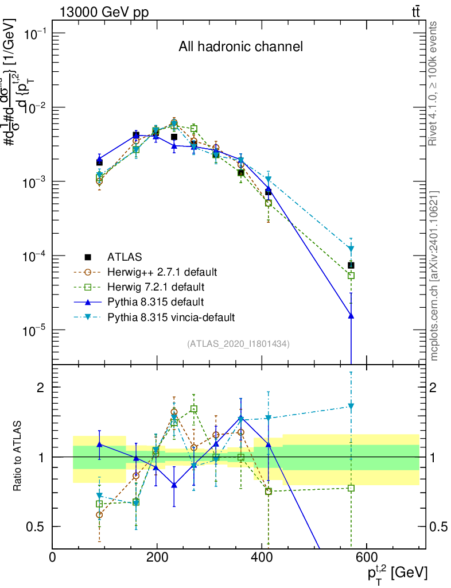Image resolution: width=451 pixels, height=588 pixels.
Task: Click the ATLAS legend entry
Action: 125,256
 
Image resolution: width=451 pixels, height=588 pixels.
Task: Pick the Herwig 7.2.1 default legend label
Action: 155,286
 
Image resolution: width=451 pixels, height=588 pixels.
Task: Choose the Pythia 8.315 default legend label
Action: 155,301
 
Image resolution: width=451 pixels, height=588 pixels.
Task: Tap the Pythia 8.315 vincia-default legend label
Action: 171,316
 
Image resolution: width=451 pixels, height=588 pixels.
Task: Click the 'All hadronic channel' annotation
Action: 240,47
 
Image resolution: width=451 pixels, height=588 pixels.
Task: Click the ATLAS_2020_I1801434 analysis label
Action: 238,344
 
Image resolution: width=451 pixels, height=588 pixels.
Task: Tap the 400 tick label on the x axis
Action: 262,556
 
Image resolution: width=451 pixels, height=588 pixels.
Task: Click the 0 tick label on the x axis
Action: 52,556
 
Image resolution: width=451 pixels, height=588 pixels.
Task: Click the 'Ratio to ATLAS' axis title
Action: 18,457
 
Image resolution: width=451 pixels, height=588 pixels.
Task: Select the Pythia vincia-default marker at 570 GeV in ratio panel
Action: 351,407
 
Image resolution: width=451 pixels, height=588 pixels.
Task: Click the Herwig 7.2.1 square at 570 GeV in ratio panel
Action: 351,488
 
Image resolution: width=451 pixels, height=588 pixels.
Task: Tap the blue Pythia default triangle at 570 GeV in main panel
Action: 351,315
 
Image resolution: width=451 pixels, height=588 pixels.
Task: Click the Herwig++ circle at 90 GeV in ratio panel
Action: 99,514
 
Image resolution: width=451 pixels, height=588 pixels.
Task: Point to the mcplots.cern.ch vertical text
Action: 434,276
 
